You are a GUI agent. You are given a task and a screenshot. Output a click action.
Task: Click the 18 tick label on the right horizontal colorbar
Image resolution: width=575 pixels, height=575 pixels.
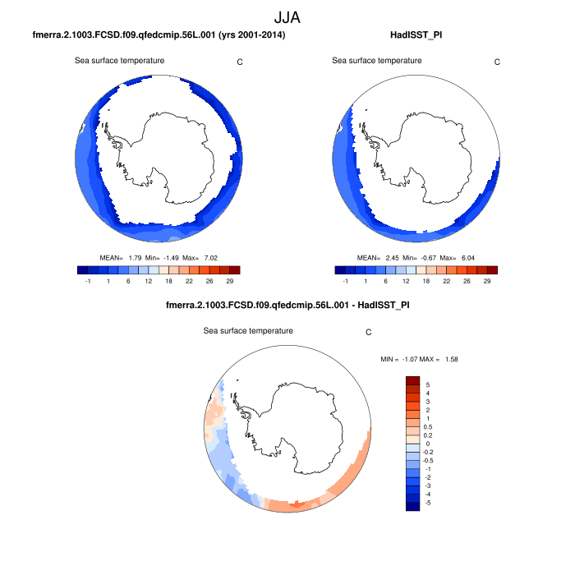coord(426,280)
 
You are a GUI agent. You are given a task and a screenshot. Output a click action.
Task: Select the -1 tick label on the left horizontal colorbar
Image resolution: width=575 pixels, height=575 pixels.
coord(87,280)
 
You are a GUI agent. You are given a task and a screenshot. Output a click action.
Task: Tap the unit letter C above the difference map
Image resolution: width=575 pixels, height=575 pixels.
coord(369,333)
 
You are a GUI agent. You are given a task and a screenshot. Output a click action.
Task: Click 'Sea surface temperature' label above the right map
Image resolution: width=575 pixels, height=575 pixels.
coord(377,61)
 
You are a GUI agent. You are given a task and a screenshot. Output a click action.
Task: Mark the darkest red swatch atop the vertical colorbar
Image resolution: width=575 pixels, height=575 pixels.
coord(413,380)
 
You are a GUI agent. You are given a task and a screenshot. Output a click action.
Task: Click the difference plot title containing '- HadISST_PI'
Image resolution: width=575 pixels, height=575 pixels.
coord(287,306)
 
